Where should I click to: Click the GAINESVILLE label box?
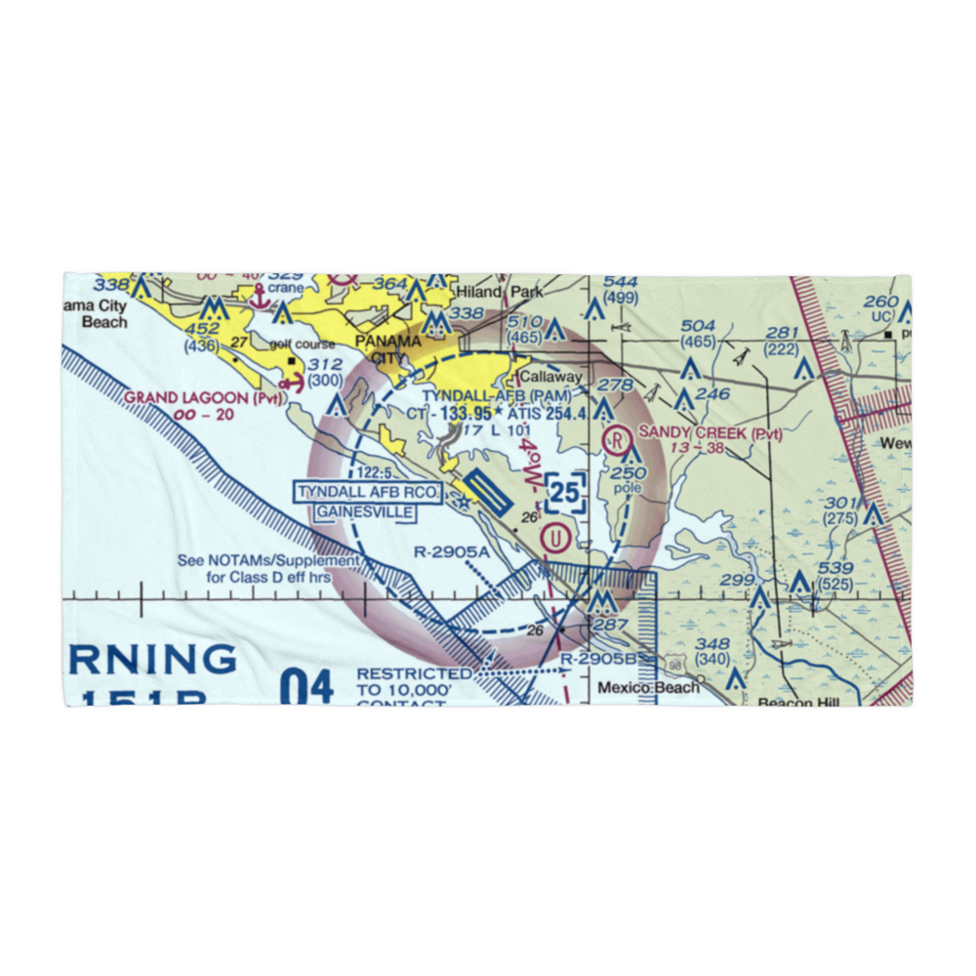363,511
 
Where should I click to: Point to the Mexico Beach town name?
648,688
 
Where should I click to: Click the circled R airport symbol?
617,438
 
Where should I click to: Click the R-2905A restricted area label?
449,552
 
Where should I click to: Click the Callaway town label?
550,377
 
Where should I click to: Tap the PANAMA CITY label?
388,349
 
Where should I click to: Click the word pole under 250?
629,487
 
